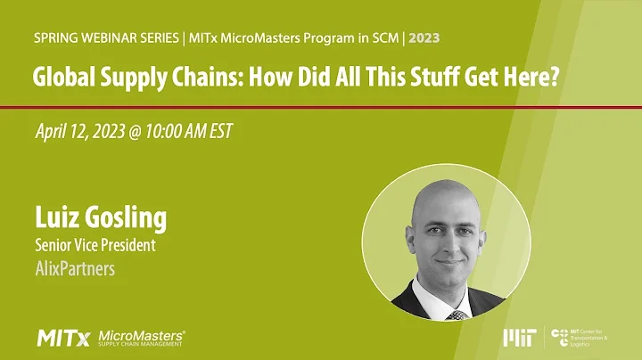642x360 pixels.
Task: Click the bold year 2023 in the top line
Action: pyautogui.click(x=422, y=38)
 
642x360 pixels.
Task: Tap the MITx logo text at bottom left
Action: pyautogui.click(x=62, y=337)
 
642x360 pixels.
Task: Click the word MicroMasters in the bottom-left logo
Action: pyautogui.click(x=140, y=333)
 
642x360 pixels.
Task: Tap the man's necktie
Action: pyautogui.click(x=457, y=315)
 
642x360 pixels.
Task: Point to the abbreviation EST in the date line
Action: pyautogui.click(x=219, y=132)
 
